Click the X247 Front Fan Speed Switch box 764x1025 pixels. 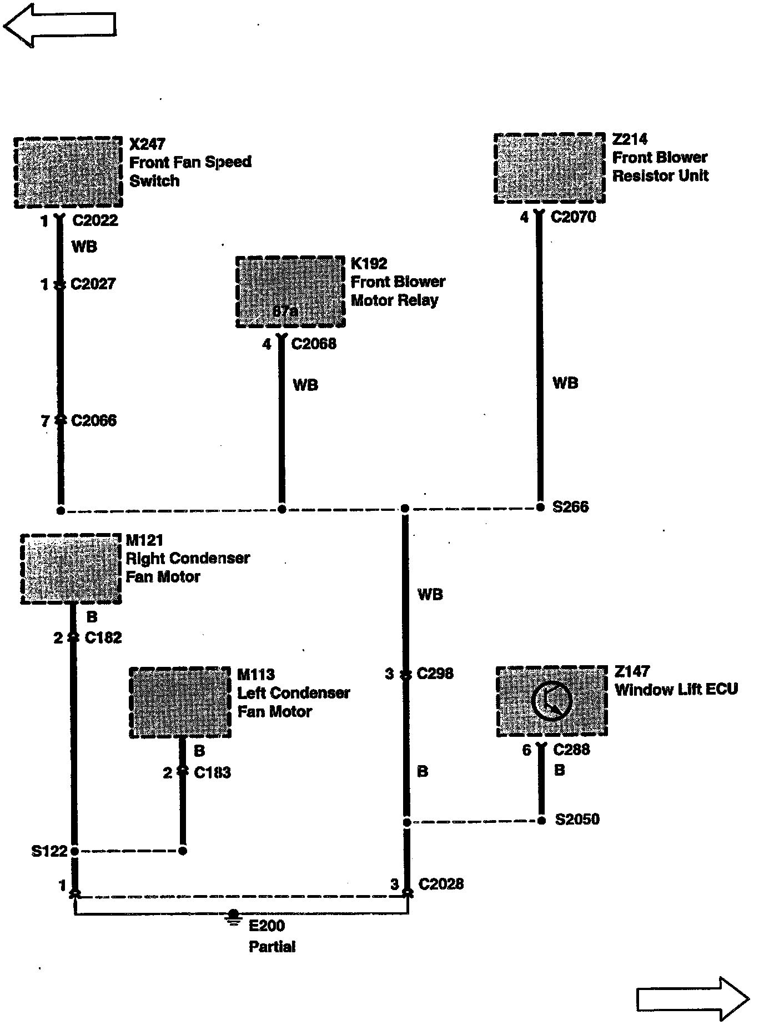68,173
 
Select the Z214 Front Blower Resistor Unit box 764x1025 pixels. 549,168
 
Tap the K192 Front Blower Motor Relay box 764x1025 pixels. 290,292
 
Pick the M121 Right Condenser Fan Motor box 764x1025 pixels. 71,569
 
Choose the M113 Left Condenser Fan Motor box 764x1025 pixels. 180,702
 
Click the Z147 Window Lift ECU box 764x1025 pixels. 551,701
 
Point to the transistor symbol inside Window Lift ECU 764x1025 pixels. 551,700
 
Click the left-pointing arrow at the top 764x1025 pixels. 59,25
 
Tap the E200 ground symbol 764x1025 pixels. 234,917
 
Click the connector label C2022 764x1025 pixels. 95,220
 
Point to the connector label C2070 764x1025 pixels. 573,217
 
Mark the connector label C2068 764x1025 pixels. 314,344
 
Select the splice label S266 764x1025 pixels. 570,507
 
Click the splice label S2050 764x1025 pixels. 577,820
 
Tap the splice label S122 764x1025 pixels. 49,851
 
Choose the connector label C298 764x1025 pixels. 435,674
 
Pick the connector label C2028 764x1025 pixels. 441,884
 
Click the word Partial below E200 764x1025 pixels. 272,947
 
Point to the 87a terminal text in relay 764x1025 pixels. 285,312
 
